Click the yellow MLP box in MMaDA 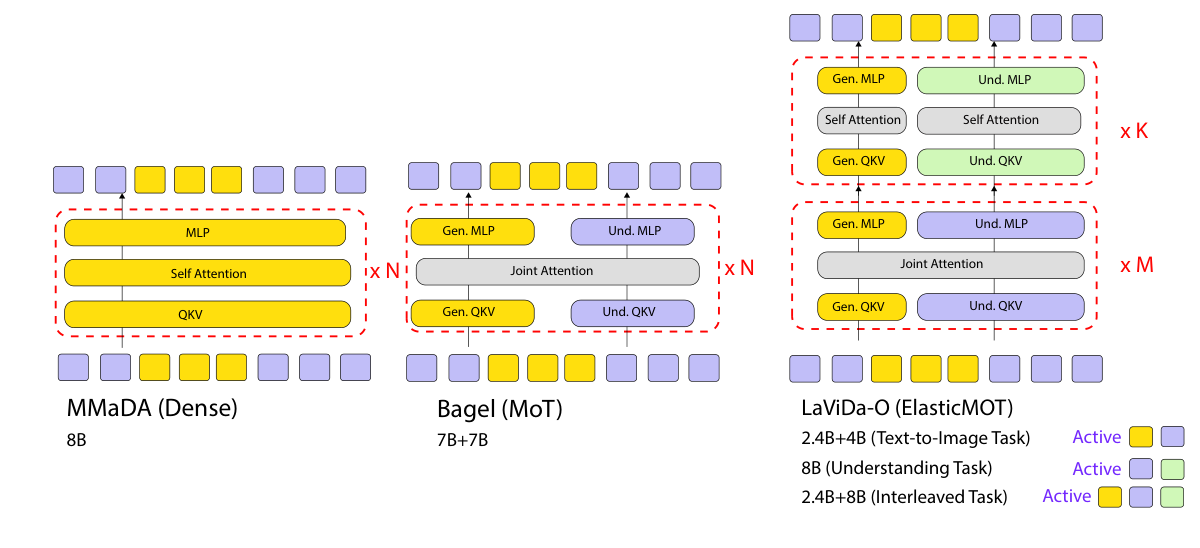coord(205,232)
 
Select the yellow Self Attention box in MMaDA coord(208,273)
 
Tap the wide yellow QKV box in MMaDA coord(208,314)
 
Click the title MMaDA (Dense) coord(139,409)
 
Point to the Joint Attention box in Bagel coord(557,271)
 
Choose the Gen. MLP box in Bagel coord(472,231)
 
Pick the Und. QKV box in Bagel coord(632,311)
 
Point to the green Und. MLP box coord(1000,80)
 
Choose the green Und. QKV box coord(1000,162)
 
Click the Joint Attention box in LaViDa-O coord(951,264)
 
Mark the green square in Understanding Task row coord(1172,468)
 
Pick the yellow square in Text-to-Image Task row coord(1140,437)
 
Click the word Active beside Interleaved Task coord(1066,497)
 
